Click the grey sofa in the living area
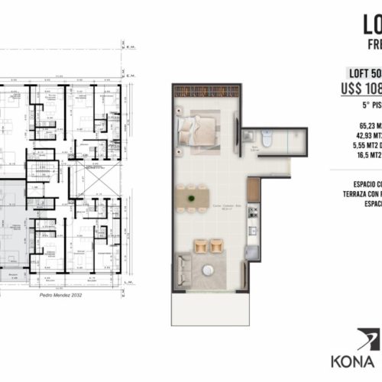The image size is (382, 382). click(183, 268)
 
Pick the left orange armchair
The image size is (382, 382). click(200, 245)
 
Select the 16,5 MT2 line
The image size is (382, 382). click(367, 154)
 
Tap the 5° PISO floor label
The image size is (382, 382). click(366, 101)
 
